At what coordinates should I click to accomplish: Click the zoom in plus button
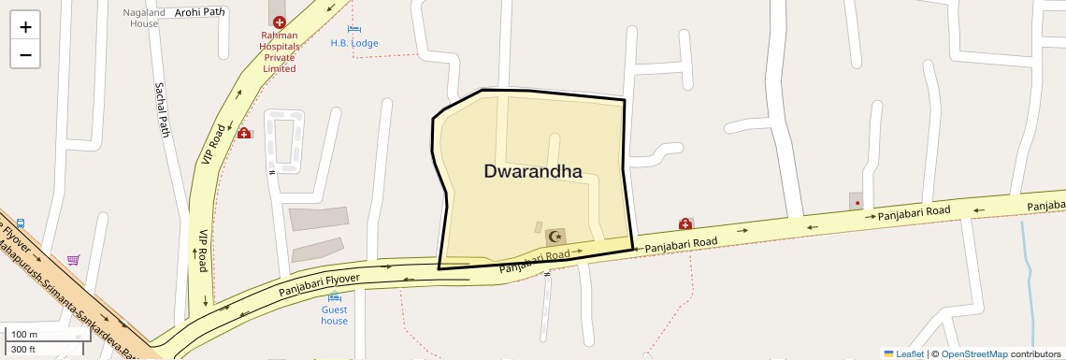(25, 26)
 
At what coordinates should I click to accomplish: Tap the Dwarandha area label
(533, 171)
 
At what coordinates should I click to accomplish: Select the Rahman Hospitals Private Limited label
(279, 51)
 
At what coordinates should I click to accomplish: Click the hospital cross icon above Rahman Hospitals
(279, 22)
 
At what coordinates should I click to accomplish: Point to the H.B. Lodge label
(354, 43)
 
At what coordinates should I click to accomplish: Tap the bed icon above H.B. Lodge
(354, 29)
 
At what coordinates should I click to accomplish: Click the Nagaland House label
(144, 19)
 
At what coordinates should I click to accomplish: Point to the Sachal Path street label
(160, 109)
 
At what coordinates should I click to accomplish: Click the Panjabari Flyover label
(319, 286)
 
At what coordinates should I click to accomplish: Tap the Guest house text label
(334, 315)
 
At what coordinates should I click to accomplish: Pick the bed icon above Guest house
(334, 296)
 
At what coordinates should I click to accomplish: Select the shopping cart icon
(74, 260)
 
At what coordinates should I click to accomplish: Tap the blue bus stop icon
(21, 225)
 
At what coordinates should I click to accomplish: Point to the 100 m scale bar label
(24, 335)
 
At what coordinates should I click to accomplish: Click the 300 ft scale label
(23, 350)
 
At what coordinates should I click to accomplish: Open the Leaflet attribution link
(904, 354)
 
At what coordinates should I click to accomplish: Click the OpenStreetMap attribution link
(973, 354)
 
